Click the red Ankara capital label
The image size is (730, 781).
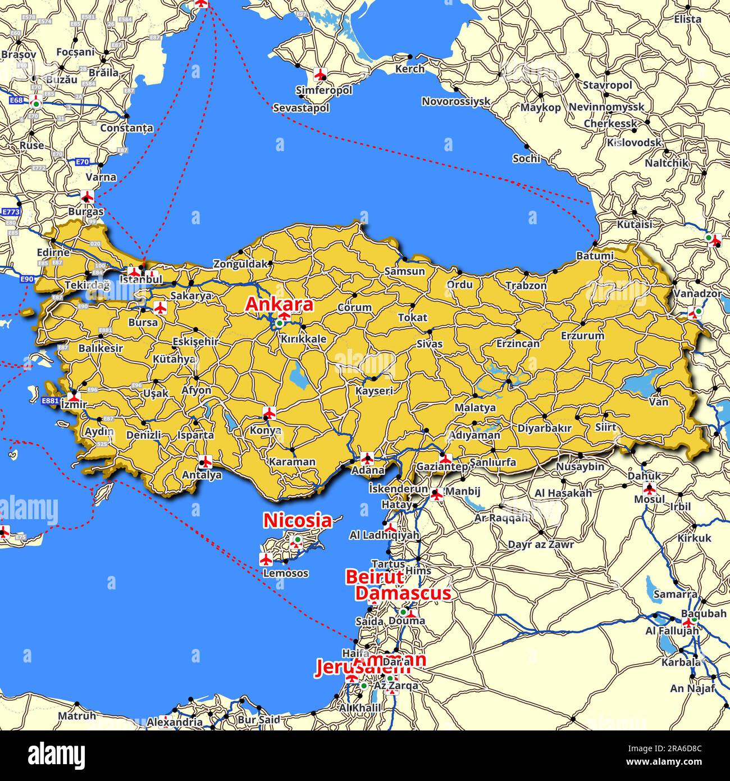tap(279, 305)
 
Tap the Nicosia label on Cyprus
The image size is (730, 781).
tap(298, 520)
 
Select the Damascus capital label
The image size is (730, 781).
tap(403, 593)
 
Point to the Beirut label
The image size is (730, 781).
tap(374, 577)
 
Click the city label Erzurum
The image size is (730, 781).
tap(582, 336)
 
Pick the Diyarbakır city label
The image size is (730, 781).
tap(544, 428)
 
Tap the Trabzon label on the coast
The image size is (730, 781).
tap(526, 285)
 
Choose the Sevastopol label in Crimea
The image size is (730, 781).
tap(301, 108)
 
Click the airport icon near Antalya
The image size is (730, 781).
tap(206, 462)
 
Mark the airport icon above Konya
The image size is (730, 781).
tap(270, 414)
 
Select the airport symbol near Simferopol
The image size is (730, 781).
tap(320, 74)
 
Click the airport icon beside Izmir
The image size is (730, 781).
tap(74, 396)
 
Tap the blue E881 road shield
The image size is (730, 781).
tap(51, 401)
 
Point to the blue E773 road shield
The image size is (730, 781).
tap(10, 212)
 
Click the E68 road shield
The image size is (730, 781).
tap(16, 100)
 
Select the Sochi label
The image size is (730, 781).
tap(526, 159)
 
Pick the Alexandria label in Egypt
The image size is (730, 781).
tap(175, 723)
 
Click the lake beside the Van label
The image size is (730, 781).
tap(643, 383)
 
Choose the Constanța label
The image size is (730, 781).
tap(126, 128)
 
